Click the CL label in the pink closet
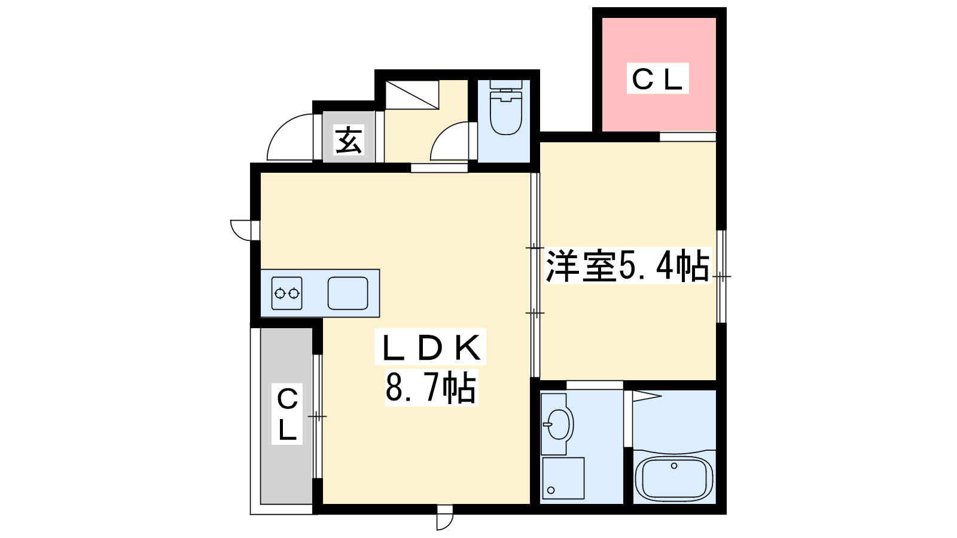coord(657,79)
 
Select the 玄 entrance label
coord(349,140)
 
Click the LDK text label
coord(430,347)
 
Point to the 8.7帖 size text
coord(431,388)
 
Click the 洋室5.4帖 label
coord(627,265)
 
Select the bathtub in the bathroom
coord(674,478)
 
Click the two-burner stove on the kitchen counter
coord(287,293)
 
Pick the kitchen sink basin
coord(348,293)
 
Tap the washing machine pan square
coord(563,478)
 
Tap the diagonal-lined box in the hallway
coord(412,94)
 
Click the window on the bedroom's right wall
coord(721,276)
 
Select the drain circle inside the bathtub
coord(674,466)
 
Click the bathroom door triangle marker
coord(645,396)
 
